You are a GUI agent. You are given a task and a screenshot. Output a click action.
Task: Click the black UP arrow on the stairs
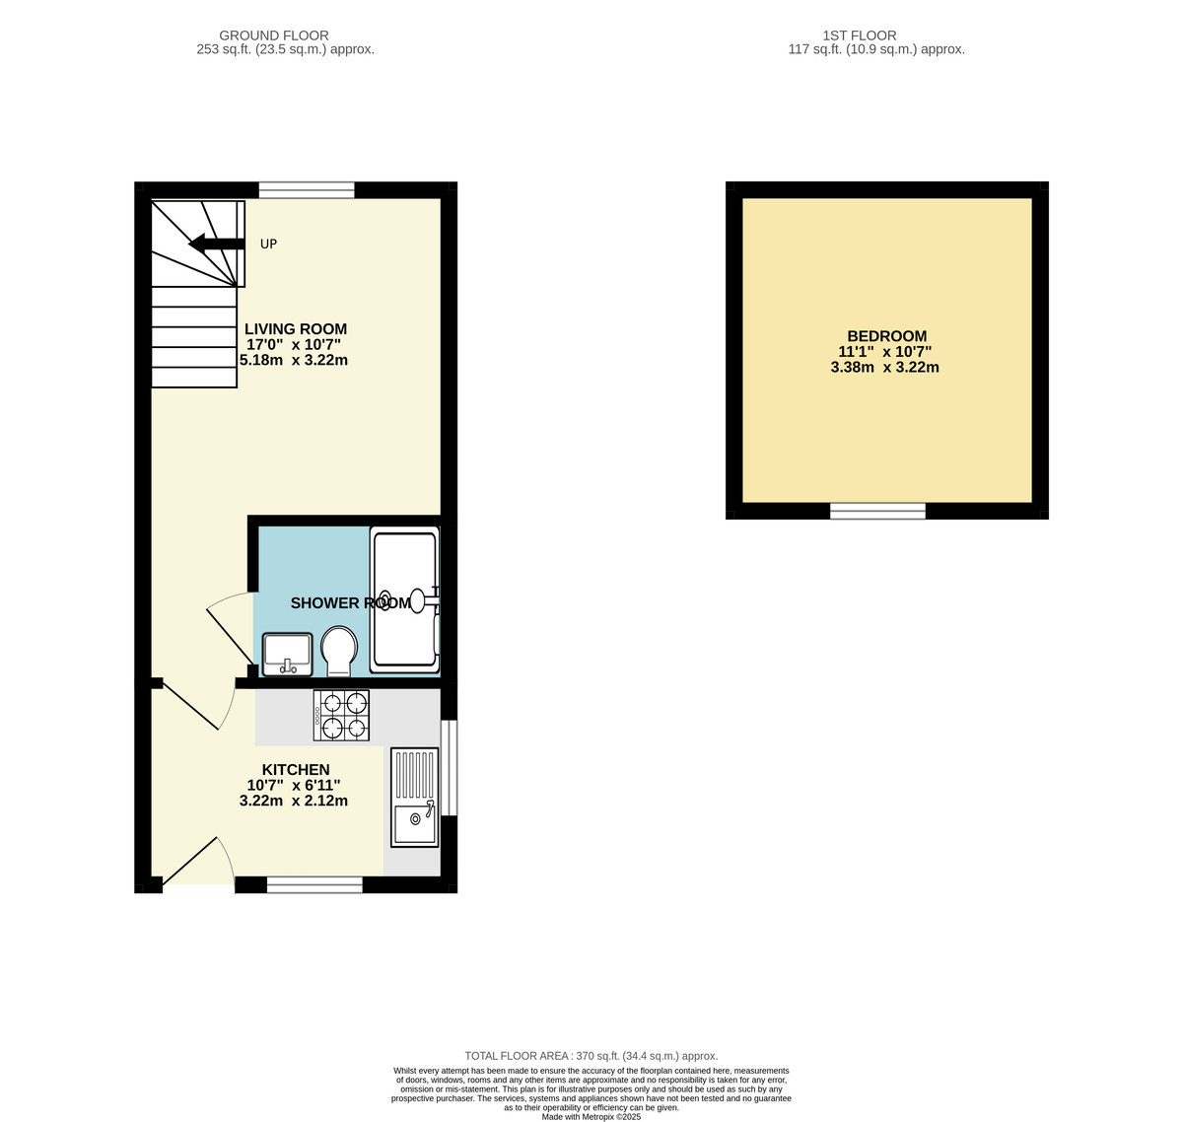216,244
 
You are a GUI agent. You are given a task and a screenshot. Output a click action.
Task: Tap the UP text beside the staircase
268,244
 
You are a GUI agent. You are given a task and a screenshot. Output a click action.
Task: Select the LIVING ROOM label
296,329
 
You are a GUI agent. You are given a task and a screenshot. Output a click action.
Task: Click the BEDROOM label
886,336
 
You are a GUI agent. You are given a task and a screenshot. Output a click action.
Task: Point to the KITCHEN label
296,770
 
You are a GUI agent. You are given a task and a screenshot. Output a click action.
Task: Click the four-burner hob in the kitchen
341,716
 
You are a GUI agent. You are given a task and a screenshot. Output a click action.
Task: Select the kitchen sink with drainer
415,797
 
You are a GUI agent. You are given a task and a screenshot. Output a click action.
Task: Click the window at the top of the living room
307,190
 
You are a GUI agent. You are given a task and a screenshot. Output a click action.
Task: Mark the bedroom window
877,511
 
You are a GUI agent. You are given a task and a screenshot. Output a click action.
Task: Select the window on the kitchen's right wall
449,768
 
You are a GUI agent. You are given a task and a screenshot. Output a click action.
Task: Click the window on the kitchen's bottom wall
314,885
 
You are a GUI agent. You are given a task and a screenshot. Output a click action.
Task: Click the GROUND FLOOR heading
274,35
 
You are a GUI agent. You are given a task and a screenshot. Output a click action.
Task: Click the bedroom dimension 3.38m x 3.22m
884,368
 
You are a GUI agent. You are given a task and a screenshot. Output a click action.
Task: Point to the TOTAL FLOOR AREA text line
591,1056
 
